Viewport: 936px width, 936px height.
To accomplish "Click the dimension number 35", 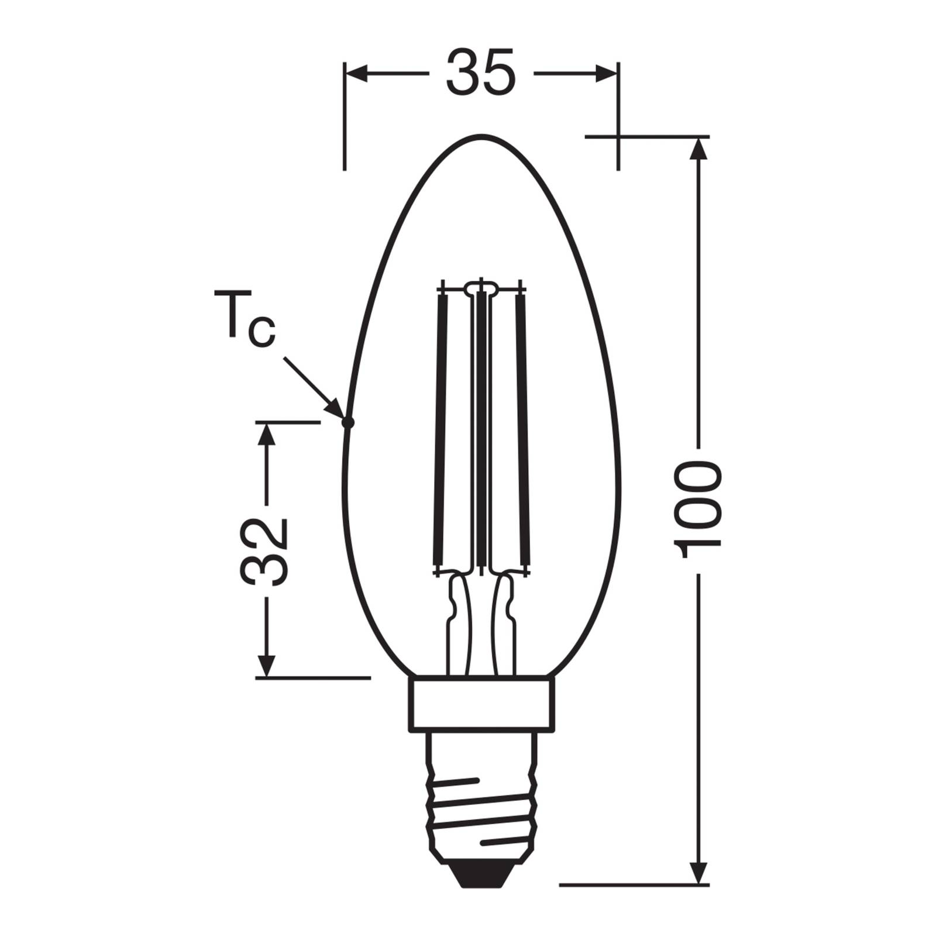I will pyautogui.click(x=481, y=73).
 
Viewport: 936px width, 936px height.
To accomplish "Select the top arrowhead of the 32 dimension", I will pyautogui.click(x=266, y=433).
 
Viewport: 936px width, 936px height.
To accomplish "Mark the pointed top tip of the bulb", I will pyautogui.click(x=481, y=137).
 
